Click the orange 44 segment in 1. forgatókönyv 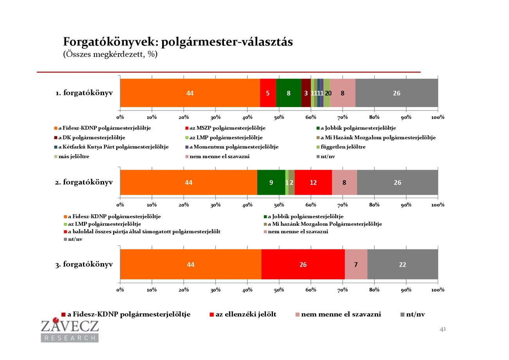(190, 93)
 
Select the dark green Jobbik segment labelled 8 (289, 93)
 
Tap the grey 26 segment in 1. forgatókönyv (396, 93)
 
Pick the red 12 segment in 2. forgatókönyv (313, 183)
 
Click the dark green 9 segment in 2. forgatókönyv (271, 183)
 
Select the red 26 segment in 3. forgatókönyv (303, 264)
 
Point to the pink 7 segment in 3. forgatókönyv (356, 264)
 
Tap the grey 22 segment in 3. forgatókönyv (403, 264)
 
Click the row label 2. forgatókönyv (84, 182)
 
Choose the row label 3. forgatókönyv (84, 264)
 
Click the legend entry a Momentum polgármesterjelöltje (234, 147)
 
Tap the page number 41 (443, 329)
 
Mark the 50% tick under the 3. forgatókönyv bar (279, 290)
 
